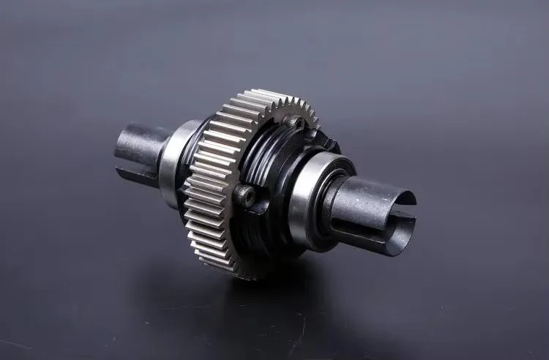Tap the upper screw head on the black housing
point(294,121)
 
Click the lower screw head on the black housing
point(244,196)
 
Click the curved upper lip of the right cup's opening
point(395,192)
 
